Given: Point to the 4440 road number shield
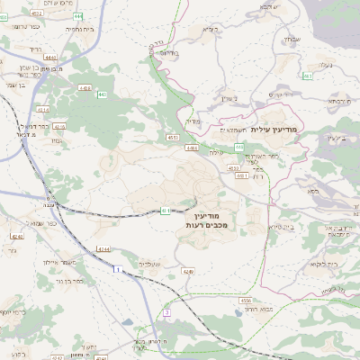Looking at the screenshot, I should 49,57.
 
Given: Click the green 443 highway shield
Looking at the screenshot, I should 102,94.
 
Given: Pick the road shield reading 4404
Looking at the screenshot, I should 85,87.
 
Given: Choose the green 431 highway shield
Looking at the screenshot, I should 166,210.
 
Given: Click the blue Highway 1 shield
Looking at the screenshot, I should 116,268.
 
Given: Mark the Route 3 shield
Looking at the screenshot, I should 166,312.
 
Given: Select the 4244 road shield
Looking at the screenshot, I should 103,248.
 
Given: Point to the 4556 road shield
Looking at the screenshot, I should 245,301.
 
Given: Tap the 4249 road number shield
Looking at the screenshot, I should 188,270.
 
